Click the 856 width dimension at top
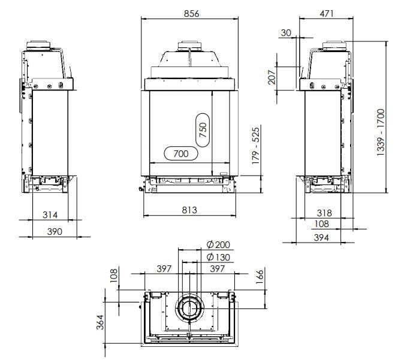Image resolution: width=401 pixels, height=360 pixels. [x=191, y=13]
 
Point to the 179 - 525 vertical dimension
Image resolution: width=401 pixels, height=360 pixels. [x=256, y=146]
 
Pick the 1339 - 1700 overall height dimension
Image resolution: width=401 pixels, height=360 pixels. [x=381, y=134]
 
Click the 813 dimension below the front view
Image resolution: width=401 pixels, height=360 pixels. [x=189, y=210]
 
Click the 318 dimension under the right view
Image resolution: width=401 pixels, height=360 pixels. [x=324, y=213]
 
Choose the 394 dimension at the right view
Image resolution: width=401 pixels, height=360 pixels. [x=324, y=238]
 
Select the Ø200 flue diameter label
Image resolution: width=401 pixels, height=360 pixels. [x=218, y=245]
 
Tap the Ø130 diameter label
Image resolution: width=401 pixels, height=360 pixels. [x=218, y=257]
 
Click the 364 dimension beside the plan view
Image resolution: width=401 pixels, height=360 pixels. [x=100, y=322]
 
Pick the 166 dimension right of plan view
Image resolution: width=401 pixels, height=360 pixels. [x=260, y=279]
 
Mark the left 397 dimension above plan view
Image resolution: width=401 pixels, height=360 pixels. [x=164, y=270]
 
